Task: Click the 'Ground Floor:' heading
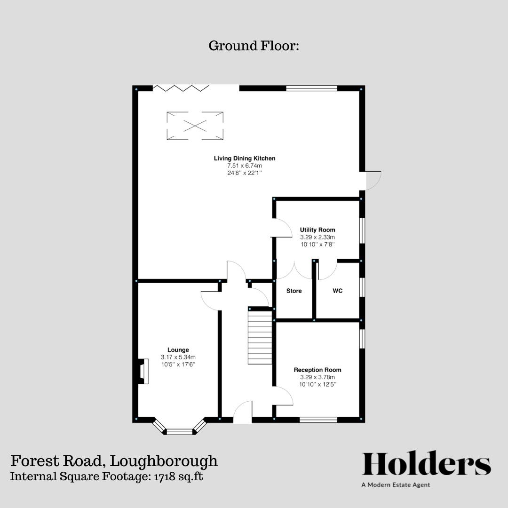click(x=254, y=46)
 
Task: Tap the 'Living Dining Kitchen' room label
click(x=245, y=159)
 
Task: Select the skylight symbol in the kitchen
click(x=195, y=126)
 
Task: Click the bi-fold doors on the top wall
click(x=181, y=87)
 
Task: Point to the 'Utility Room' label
click(x=317, y=230)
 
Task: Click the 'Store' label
click(x=294, y=291)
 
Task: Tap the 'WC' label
click(x=337, y=291)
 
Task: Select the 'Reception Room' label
click(x=317, y=370)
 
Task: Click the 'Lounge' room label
click(x=178, y=350)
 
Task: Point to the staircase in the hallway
click(x=260, y=336)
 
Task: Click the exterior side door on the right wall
click(x=372, y=180)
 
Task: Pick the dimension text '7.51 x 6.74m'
click(x=245, y=166)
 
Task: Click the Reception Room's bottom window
click(x=318, y=420)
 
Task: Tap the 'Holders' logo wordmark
click(x=426, y=464)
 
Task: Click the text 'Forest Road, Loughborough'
click(x=114, y=460)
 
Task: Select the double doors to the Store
click(x=294, y=270)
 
